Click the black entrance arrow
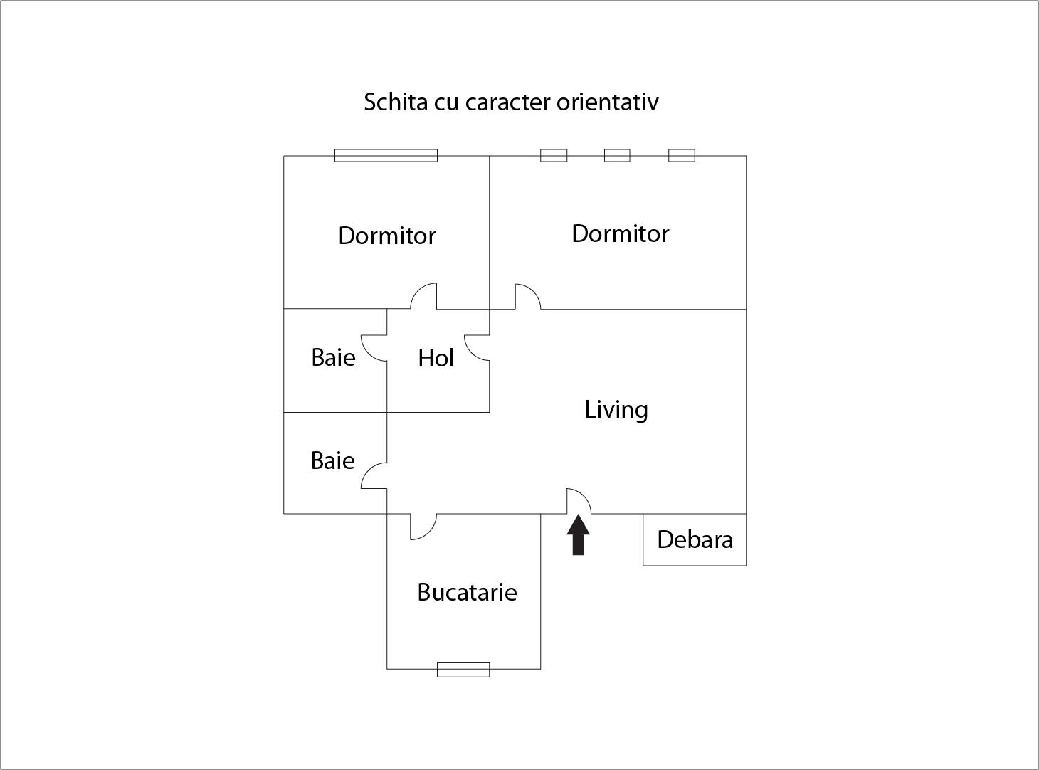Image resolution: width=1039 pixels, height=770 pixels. (578, 534)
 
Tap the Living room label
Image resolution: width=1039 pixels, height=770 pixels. (616, 409)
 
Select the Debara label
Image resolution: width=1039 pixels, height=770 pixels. (695, 539)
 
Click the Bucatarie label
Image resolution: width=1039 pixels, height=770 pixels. (467, 592)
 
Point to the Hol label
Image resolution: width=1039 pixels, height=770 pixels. (436, 358)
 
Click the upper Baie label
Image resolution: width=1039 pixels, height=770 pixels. (333, 357)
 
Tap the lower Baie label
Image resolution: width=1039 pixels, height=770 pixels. (332, 460)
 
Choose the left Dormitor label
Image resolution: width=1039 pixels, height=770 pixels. (386, 236)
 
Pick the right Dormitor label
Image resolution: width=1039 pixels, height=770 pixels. (620, 233)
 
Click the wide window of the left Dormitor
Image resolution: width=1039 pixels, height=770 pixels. (386, 156)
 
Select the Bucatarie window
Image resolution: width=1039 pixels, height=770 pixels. (463, 669)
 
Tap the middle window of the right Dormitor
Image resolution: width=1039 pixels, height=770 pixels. (617, 155)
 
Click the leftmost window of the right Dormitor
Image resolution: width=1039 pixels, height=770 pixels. (554, 155)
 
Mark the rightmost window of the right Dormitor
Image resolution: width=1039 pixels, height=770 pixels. (681, 155)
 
